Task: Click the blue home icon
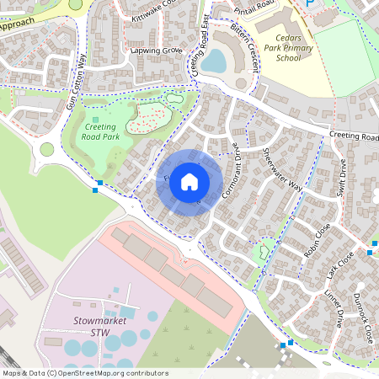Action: (x=189, y=182)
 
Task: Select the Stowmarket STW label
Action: (x=99, y=327)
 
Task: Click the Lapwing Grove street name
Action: (x=157, y=51)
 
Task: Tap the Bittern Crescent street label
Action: (x=250, y=46)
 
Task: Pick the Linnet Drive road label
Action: (x=334, y=308)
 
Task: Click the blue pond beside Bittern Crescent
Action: (x=214, y=61)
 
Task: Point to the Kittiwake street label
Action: (x=151, y=16)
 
